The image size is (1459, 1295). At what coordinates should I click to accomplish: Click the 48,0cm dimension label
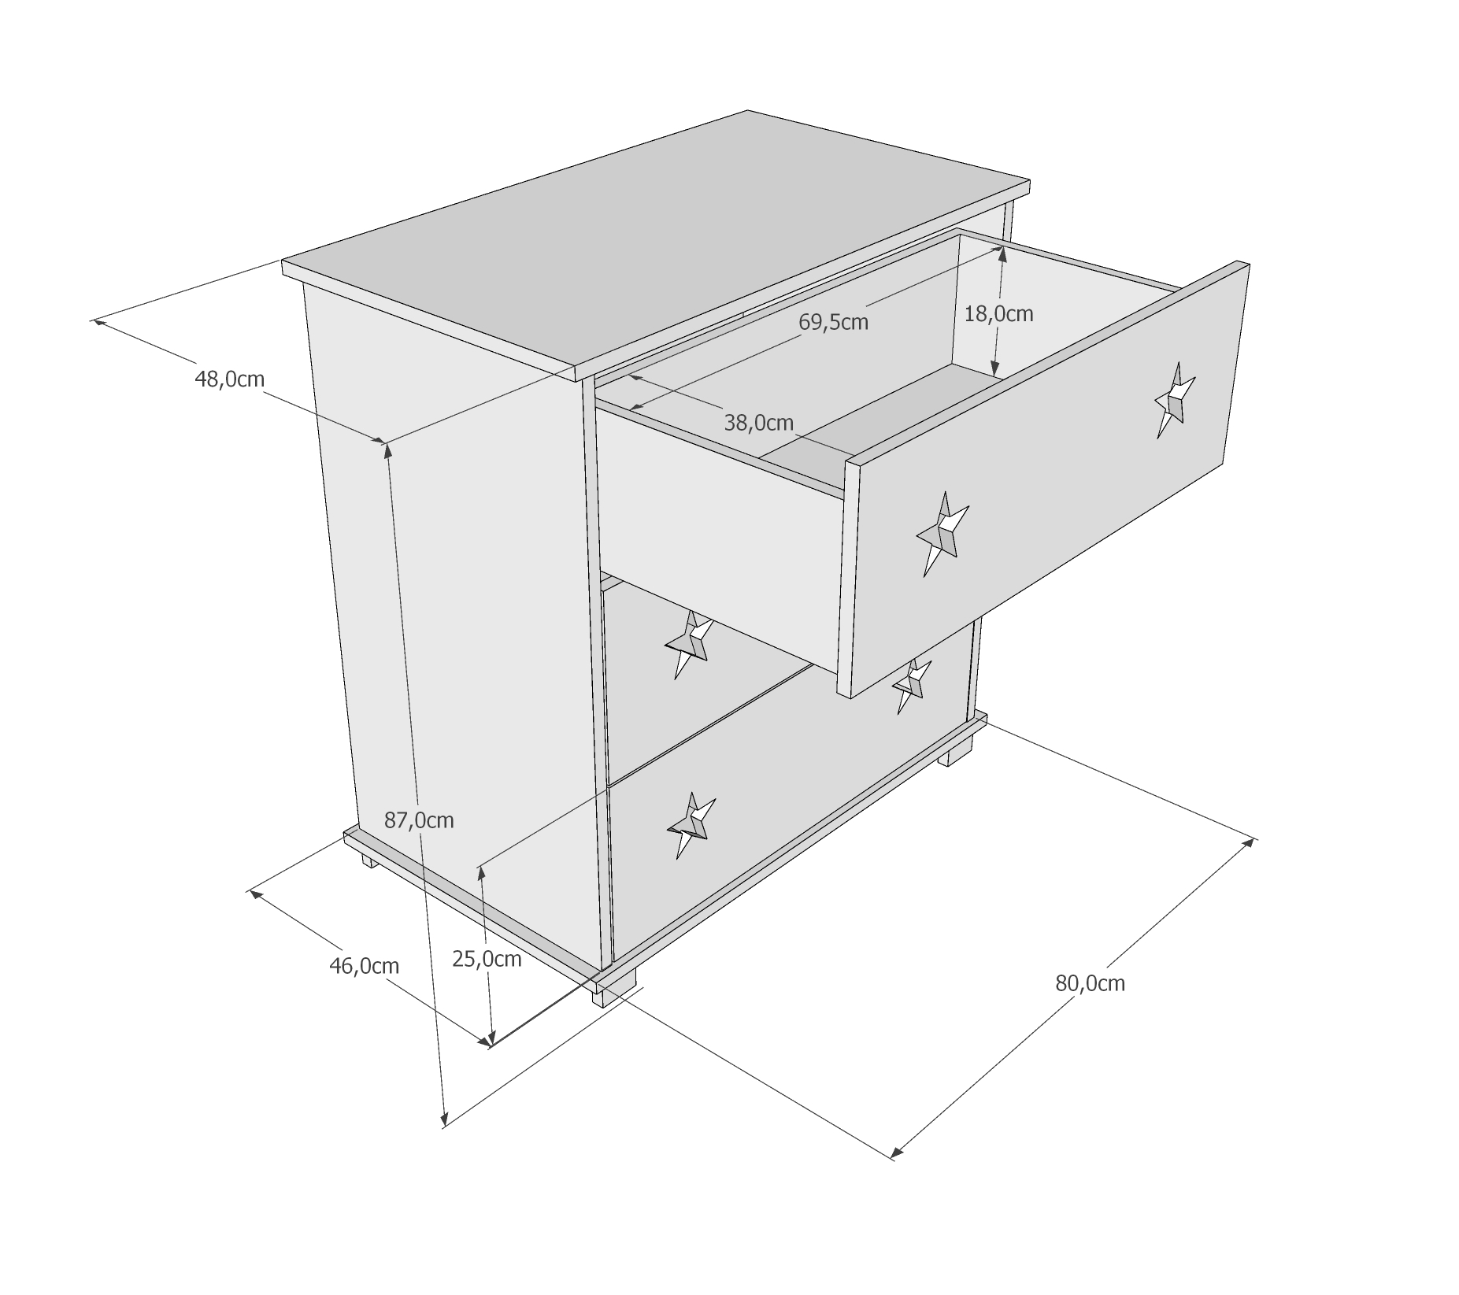click(x=229, y=379)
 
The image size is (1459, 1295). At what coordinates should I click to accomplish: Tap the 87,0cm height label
click(x=419, y=820)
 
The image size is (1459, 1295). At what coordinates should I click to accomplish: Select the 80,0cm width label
click(x=1090, y=983)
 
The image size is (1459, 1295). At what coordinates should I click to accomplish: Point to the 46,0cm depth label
click(x=364, y=966)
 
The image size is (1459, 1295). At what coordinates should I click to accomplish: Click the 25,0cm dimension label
click(x=487, y=959)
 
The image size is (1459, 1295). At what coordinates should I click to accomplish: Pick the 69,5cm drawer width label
click(x=833, y=322)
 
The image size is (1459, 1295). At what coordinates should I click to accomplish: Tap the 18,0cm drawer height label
click(x=998, y=314)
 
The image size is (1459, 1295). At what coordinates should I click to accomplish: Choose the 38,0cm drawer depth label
click(x=758, y=423)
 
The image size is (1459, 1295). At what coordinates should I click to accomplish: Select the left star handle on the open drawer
click(x=942, y=534)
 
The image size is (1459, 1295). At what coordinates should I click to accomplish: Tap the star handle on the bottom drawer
click(x=691, y=825)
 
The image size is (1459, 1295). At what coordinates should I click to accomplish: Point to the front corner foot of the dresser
click(x=614, y=993)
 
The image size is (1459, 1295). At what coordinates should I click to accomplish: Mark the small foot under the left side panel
click(x=369, y=860)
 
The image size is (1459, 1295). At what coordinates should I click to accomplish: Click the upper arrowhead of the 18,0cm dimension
click(x=1001, y=253)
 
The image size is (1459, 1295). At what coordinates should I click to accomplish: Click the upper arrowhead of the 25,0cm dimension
click(x=480, y=875)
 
